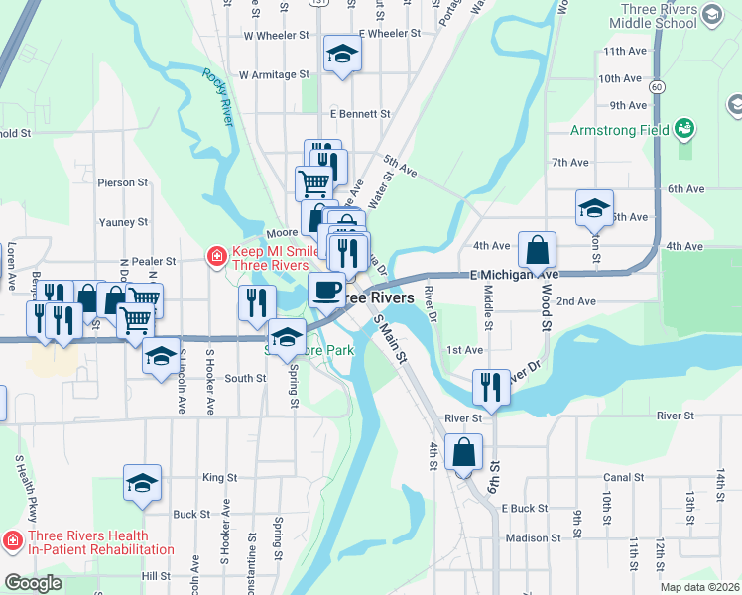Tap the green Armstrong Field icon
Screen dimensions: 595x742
pyautogui.click(x=683, y=129)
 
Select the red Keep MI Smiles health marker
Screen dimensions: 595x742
pyautogui.click(x=215, y=257)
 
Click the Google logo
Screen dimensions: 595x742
pyautogui.click(x=33, y=583)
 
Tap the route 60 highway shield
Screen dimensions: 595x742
pyautogui.click(x=657, y=87)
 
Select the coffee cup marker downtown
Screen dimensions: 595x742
pyautogui.click(x=326, y=290)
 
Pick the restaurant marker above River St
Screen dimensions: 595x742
pyautogui.click(x=491, y=387)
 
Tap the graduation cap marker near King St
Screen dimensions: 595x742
pyautogui.click(x=142, y=483)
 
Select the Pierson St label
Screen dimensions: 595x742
pyautogui.click(x=122, y=182)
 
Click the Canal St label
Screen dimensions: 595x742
pyautogui.click(x=622, y=477)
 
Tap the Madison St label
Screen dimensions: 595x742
pyautogui.click(x=533, y=537)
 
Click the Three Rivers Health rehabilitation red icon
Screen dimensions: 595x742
pyautogui.click(x=12, y=541)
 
